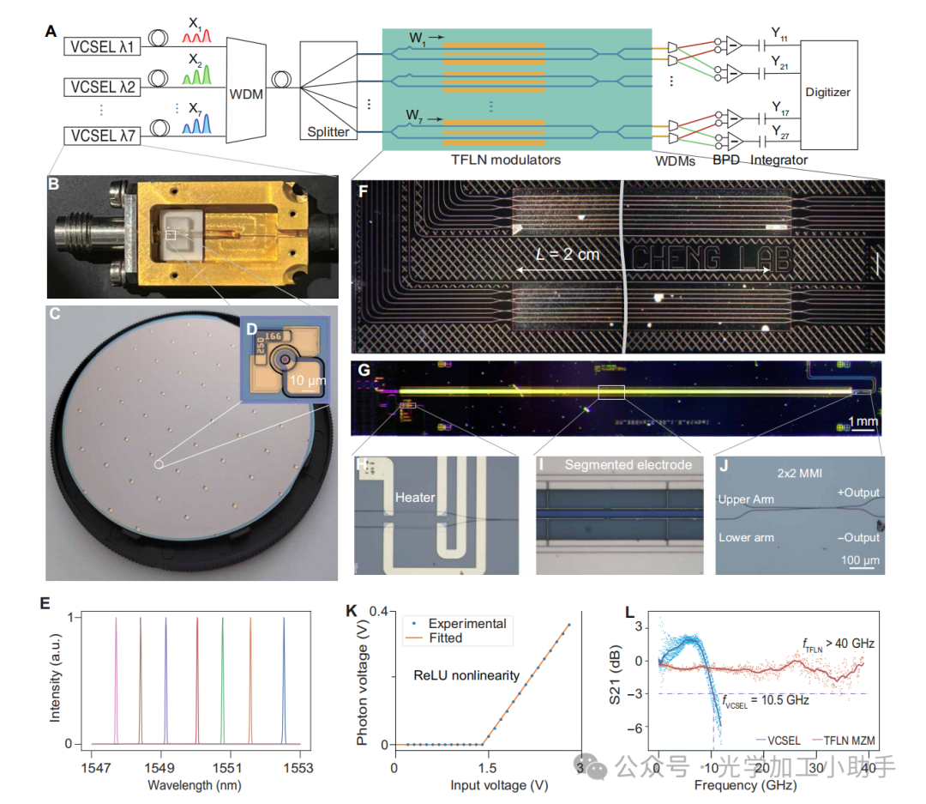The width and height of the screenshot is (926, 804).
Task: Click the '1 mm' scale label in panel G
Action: tap(863, 421)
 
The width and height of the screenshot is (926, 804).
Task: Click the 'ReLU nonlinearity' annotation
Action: tap(466, 676)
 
